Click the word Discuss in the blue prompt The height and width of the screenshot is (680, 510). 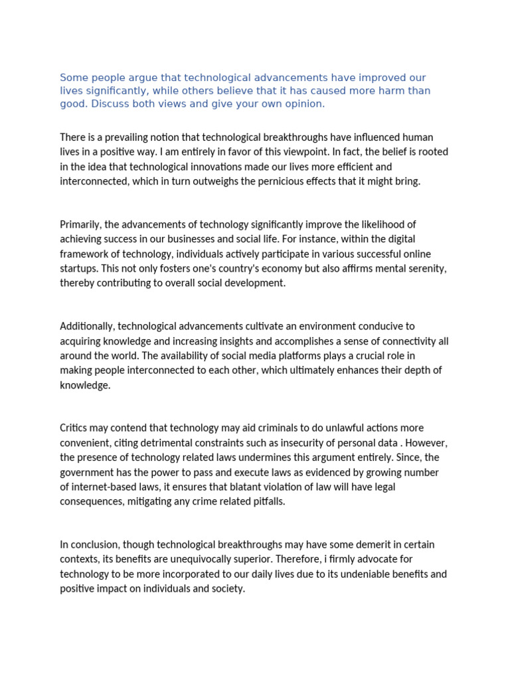tap(110, 104)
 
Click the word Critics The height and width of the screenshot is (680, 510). tap(74, 428)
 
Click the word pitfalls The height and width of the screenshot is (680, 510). tap(266, 501)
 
